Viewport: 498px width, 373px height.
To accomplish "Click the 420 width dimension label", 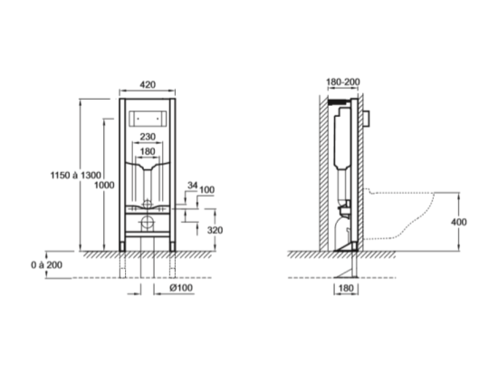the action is click(x=148, y=84).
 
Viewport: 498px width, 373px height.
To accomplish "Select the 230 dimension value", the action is click(x=148, y=137).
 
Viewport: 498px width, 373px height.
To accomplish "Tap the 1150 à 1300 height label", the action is click(x=76, y=175).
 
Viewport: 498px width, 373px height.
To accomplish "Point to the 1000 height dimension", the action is click(x=104, y=185).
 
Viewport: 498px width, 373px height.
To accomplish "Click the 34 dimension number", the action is click(x=193, y=185).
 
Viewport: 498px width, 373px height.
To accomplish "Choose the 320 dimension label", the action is click(x=215, y=230).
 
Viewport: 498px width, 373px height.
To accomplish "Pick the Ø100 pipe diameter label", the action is click(x=181, y=288).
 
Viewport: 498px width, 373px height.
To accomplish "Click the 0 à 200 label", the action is click(x=47, y=264).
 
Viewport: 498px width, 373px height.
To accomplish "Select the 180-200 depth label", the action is click(x=343, y=81).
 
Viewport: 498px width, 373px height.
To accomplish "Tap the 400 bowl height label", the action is click(x=459, y=222).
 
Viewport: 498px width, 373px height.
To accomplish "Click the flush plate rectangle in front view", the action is click(x=148, y=119).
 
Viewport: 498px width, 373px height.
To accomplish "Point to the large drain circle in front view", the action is click(x=148, y=223).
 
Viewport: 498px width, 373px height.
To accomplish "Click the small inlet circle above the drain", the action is click(x=147, y=204).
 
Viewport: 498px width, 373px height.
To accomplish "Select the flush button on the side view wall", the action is click(x=367, y=119).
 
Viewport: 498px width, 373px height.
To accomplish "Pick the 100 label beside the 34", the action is click(x=206, y=190).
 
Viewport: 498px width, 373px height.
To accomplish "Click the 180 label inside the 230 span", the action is click(x=148, y=151).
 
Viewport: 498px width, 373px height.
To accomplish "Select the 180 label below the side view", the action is click(x=346, y=288).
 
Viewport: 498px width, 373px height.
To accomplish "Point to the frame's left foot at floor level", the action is click(x=122, y=247).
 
